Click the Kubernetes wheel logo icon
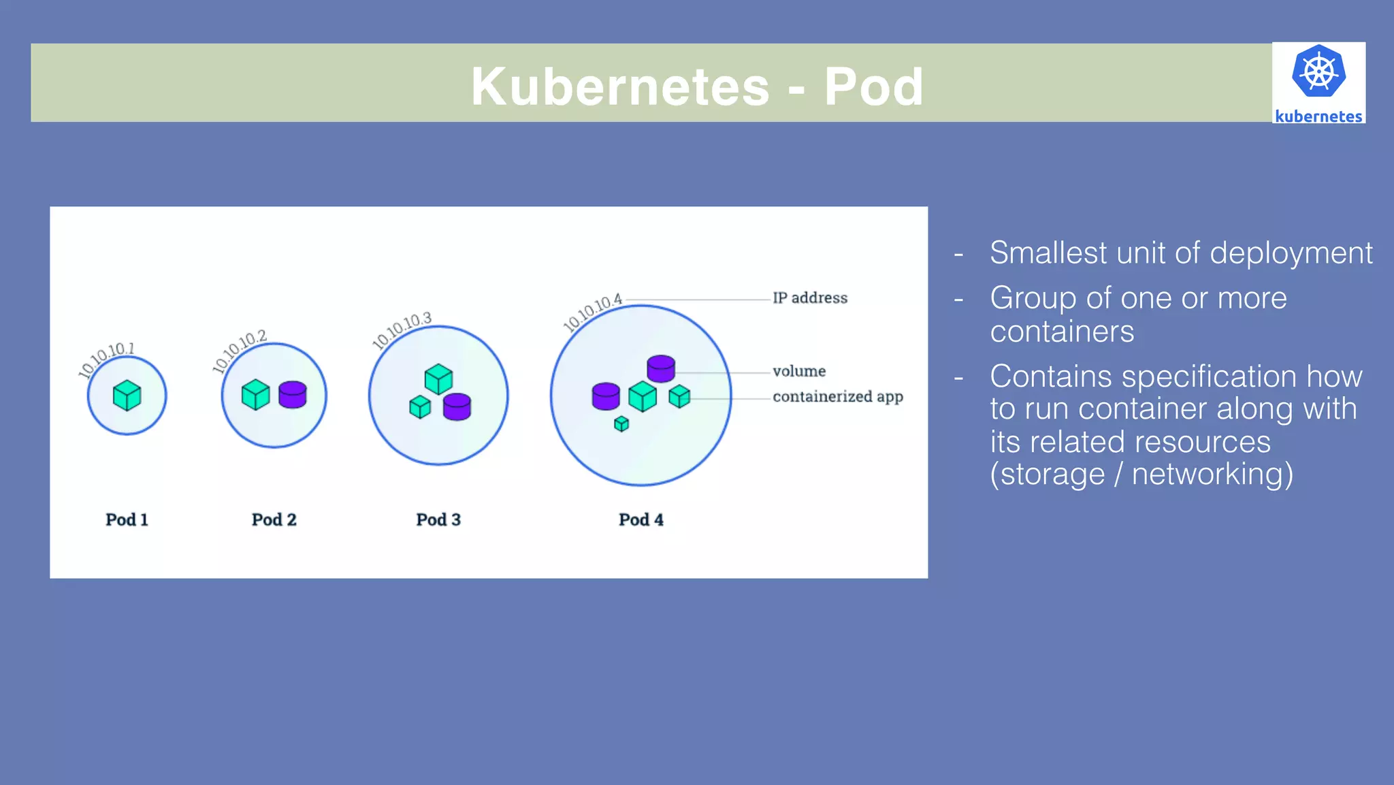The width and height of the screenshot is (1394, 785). [1318, 71]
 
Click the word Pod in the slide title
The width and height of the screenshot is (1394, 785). [873, 86]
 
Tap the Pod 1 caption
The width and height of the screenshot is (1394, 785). [127, 519]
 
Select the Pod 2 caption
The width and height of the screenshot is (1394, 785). [274, 519]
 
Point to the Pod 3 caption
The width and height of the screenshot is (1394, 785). [438, 519]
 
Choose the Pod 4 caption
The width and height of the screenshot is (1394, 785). [641, 519]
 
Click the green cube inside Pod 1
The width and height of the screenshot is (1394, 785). [127, 396]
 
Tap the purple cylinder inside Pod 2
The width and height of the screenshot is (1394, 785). [293, 394]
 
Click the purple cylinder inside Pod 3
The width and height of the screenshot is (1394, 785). [457, 406]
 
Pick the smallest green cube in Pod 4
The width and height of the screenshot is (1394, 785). [621, 424]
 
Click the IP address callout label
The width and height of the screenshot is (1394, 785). [809, 298]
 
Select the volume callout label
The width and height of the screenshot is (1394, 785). [799, 371]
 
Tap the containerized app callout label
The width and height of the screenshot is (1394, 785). [837, 396]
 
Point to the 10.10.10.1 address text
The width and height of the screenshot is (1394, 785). [107, 358]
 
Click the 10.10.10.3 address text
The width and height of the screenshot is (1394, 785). [402, 330]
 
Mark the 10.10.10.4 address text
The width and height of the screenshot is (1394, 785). [593, 312]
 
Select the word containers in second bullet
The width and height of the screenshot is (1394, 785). [1062, 332]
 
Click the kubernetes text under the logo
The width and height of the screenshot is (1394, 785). [1318, 116]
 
